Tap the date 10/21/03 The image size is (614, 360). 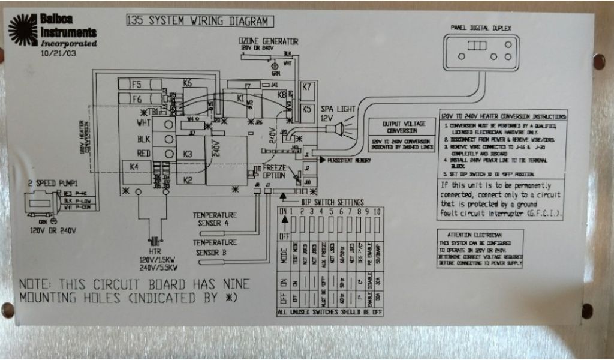click(x=58, y=53)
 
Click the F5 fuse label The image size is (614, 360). click(x=137, y=85)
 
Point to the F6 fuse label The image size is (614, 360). click(x=137, y=98)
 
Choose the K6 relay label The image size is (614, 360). click(x=188, y=84)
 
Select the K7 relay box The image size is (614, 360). click(x=308, y=88)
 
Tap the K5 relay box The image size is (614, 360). click(x=307, y=109)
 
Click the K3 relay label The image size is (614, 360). click(x=188, y=155)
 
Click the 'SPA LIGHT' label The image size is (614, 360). click(x=338, y=110)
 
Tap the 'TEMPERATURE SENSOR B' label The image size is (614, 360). click(x=215, y=247)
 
